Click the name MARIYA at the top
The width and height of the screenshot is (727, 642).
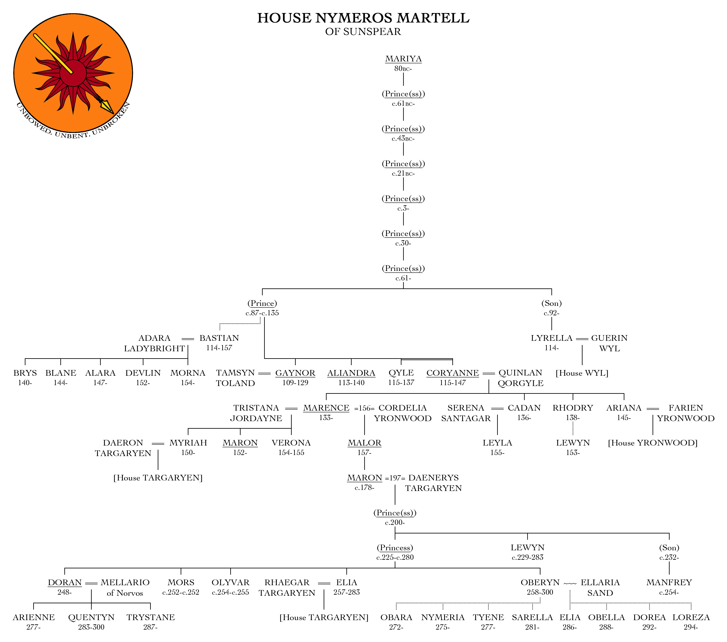403,59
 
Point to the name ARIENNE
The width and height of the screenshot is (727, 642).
34,617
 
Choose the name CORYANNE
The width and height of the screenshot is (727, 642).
452,373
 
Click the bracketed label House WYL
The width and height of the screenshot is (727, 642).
582,373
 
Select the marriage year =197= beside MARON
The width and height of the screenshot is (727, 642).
395,478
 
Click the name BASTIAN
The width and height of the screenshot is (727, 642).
219,338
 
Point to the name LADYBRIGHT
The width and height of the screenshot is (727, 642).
154,349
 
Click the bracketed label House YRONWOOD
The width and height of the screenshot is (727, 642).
653,443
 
